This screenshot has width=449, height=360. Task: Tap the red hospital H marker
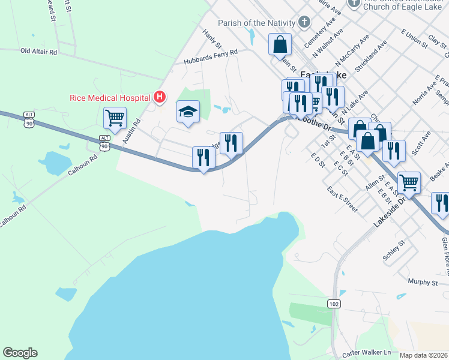[160, 95]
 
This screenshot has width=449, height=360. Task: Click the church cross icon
[304, 23]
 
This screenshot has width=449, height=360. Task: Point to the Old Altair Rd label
[38, 52]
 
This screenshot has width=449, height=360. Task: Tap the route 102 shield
[334, 305]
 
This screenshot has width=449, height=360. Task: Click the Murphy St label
[422, 282]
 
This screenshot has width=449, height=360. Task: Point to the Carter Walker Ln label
[366, 352]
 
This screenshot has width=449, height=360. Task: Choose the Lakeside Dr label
[390, 213]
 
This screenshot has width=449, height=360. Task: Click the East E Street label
[343, 199]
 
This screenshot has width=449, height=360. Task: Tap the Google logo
[20, 353]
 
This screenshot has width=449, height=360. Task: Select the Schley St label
[394, 251]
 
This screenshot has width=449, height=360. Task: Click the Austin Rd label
[131, 130]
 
